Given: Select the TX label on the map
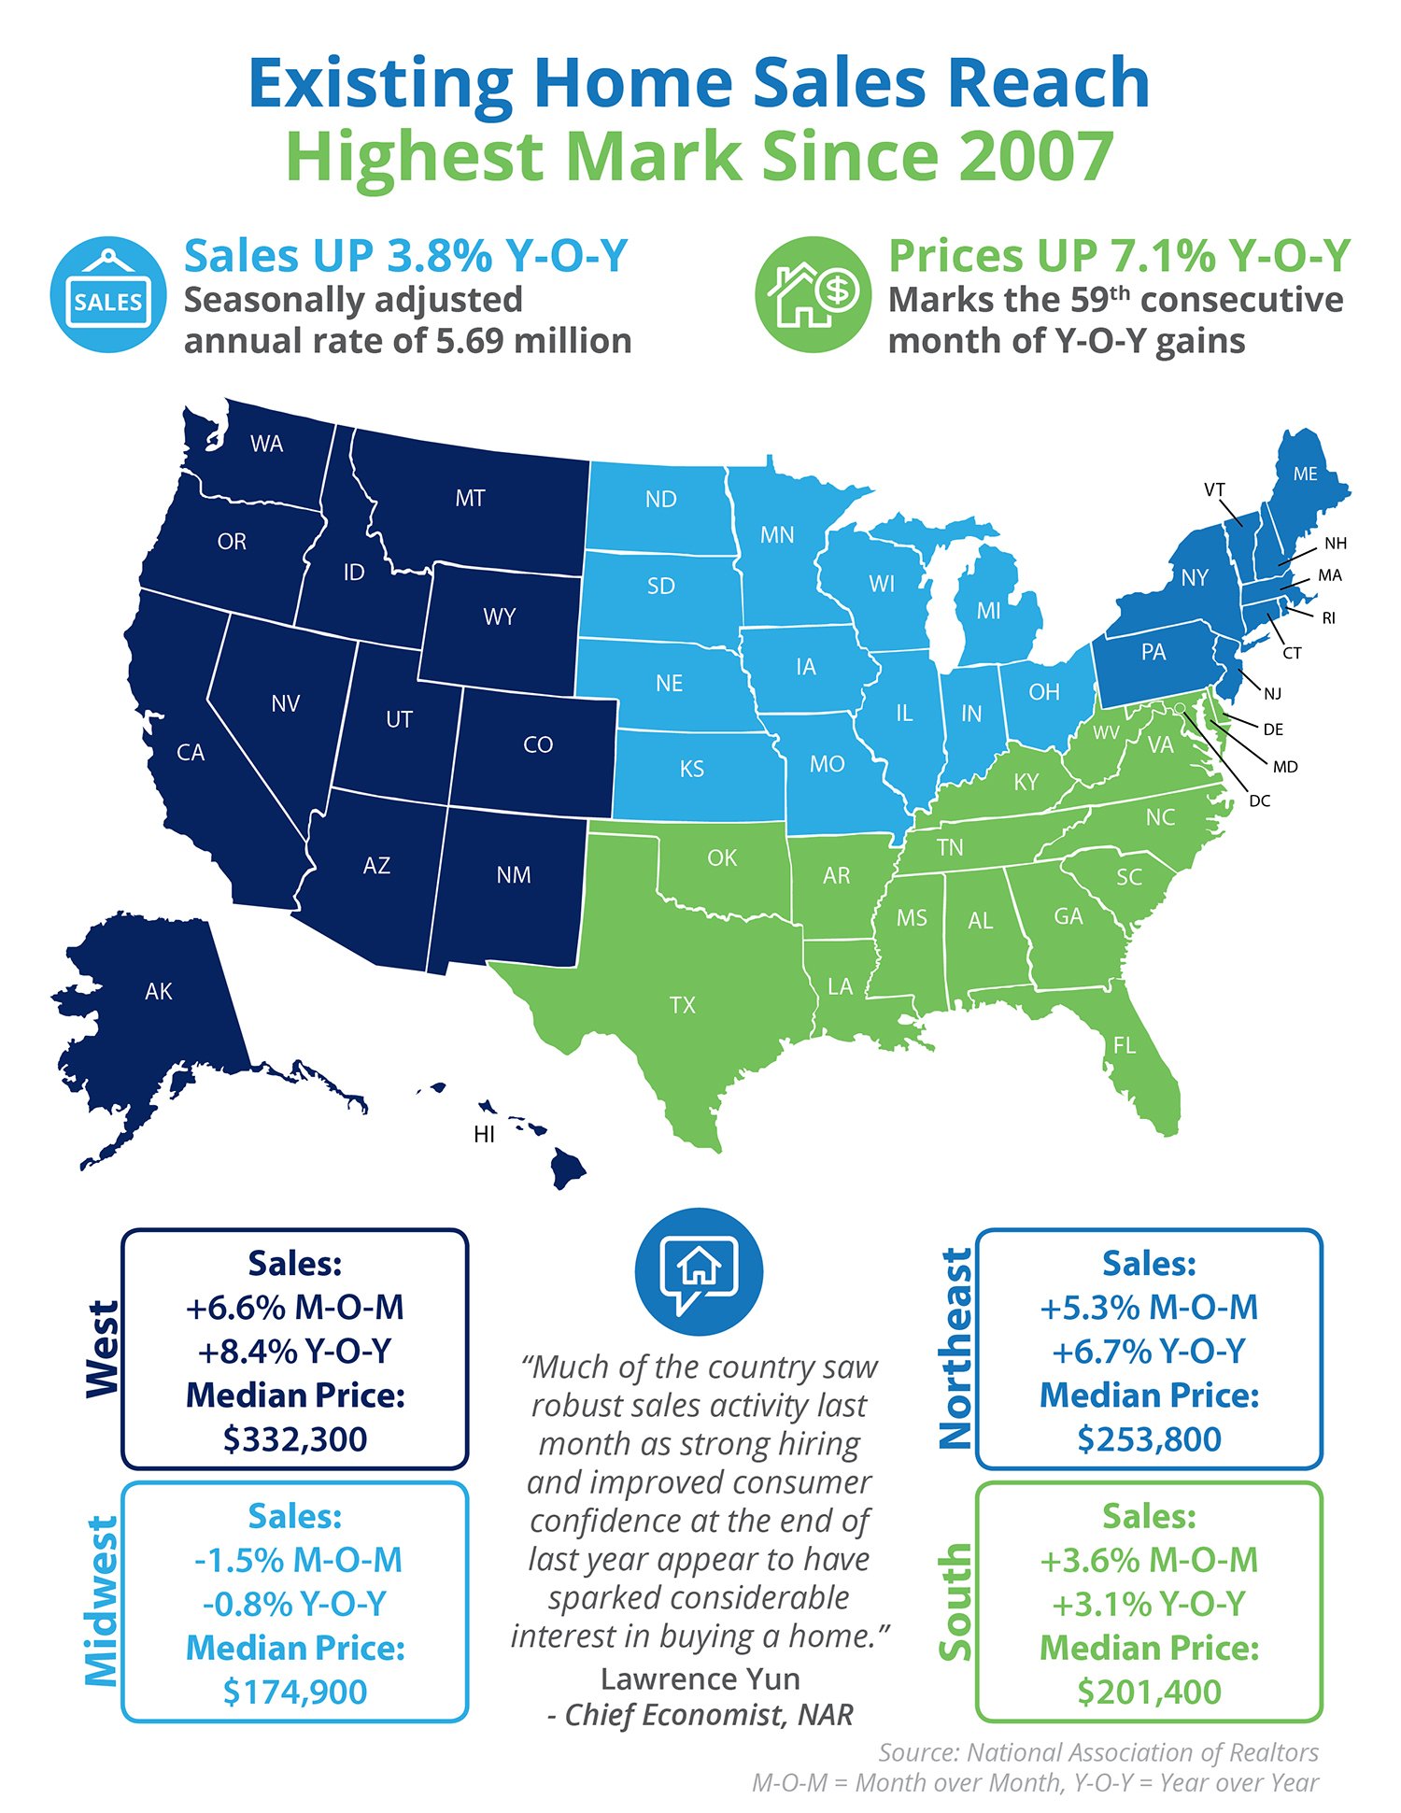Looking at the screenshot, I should (683, 1005).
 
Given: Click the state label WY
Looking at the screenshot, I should (500, 616).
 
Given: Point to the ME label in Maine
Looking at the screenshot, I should (1305, 474).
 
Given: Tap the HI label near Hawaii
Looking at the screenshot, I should (484, 1134).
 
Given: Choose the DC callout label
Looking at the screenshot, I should (1259, 800).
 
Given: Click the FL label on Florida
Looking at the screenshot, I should (1125, 1045).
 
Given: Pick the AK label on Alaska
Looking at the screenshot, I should (159, 991).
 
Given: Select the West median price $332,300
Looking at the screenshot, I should (295, 1438).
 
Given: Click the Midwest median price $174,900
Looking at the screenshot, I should (295, 1692).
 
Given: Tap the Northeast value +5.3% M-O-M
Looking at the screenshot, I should (1149, 1307).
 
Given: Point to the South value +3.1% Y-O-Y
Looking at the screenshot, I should (1149, 1604).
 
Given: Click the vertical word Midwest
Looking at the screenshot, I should (102, 1601).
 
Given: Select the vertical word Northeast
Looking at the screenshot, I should (955, 1349).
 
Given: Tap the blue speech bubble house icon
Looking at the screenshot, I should (699, 1271).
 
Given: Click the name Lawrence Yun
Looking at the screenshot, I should (700, 1678).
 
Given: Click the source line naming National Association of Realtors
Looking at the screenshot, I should (1098, 1751).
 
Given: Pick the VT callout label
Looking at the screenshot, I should (1214, 489).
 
